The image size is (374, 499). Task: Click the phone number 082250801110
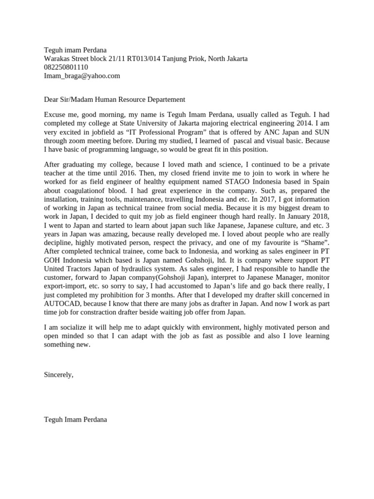coord(66,67)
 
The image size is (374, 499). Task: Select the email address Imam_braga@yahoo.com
coord(82,76)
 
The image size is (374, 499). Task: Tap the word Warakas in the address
coord(57,58)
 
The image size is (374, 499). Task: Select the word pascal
coord(231,141)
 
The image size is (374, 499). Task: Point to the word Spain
coord(320,182)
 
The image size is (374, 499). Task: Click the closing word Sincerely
coord(58,375)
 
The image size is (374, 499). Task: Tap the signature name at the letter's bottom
coord(75,419)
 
